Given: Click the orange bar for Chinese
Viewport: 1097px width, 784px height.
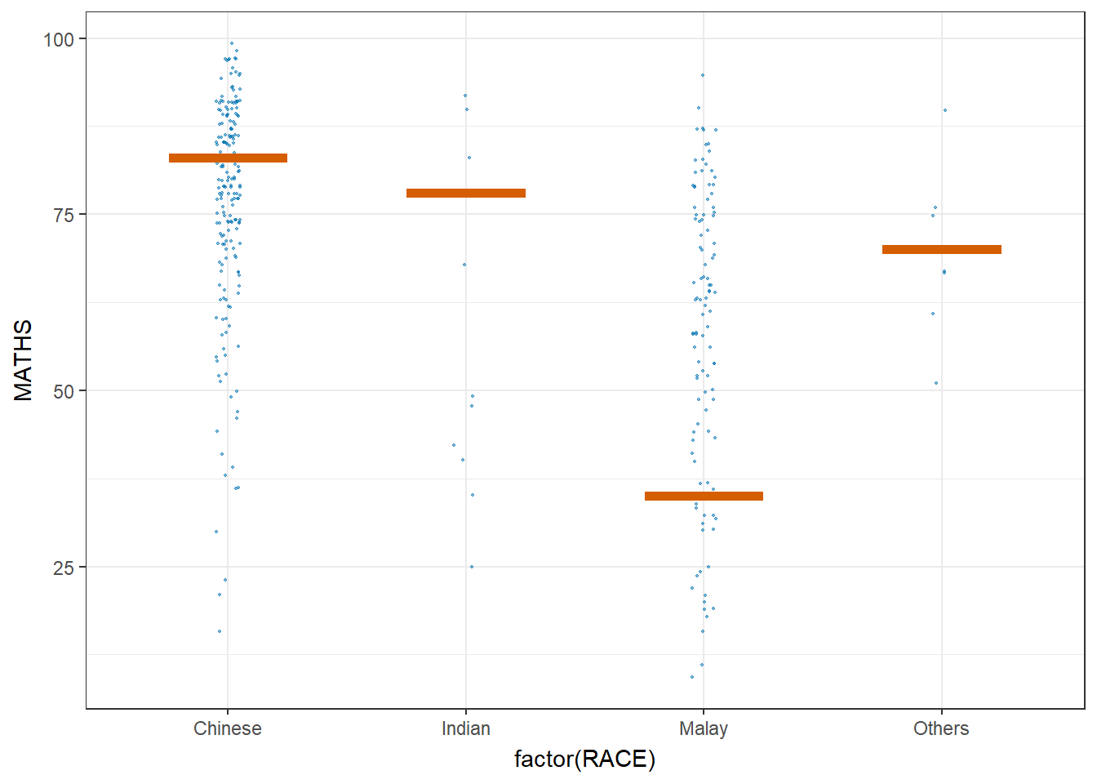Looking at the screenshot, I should [228, 158].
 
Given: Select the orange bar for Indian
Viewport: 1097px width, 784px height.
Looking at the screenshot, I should [466, 194].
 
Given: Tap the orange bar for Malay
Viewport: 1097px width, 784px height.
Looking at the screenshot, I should [704, 496].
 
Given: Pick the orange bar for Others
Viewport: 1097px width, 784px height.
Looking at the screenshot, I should [941, 249].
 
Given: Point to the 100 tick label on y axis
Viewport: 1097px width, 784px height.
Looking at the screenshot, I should [58, 39].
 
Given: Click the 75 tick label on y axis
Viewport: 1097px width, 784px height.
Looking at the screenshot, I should [63, 215].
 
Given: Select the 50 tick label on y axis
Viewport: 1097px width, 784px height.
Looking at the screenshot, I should [63, 391].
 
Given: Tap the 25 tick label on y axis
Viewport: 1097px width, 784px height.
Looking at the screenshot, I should [63, 568].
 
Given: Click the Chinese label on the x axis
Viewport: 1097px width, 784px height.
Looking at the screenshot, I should [228, 728].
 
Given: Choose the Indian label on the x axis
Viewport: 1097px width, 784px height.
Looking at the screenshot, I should [466, 728].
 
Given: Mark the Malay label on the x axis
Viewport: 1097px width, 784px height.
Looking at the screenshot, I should [704, 728].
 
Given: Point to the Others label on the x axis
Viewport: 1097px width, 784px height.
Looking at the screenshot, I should [941, 728].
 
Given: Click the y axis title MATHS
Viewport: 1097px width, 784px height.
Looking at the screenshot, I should [23, 360].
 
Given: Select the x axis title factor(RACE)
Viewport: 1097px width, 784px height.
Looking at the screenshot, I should [584, 759].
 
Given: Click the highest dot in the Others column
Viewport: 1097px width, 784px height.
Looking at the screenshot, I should [945, 110].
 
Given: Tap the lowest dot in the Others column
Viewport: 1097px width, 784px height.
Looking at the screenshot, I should [936, 383].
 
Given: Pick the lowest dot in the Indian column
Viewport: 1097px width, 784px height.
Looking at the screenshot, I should [472, 567].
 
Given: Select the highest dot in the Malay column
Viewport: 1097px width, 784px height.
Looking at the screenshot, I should [702, 75].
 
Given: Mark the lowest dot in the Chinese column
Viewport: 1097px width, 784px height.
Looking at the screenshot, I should [220, 631].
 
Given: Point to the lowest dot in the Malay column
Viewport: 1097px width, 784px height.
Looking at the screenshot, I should [692, 677].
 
